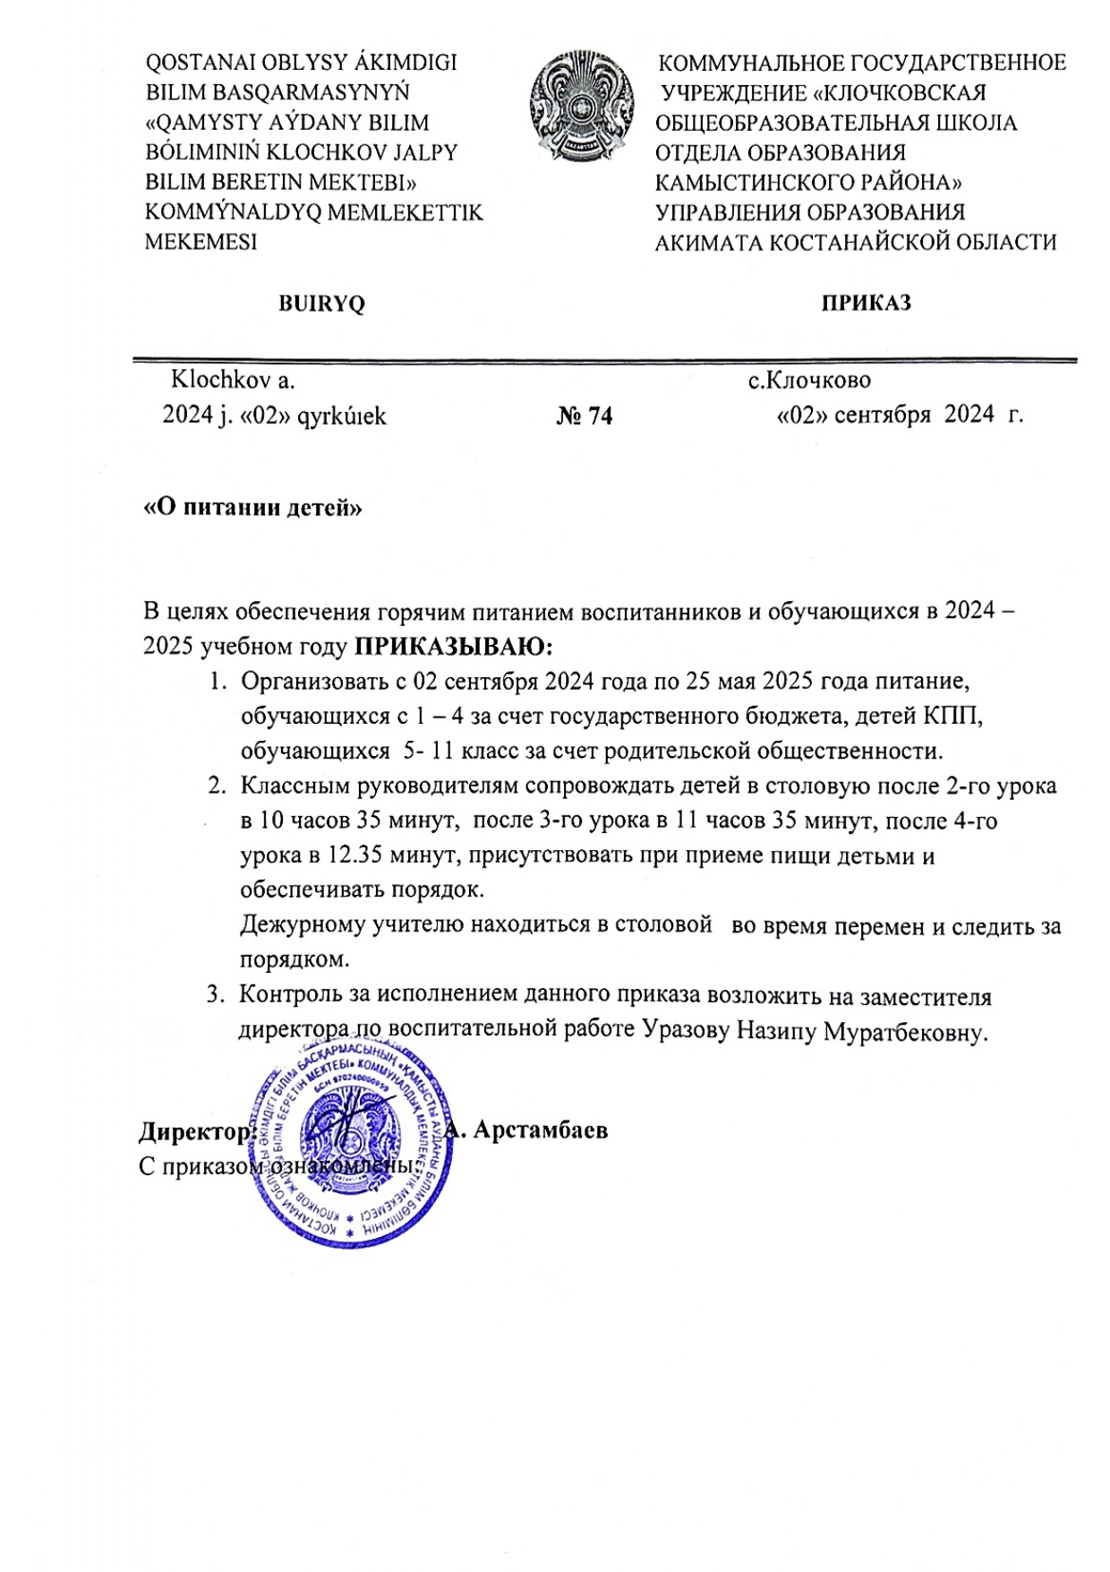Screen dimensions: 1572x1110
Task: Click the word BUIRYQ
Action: tap(322, 304)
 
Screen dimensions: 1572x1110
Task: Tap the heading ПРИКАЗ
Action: tap(866, 303)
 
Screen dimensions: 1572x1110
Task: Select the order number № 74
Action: tap(585, 417)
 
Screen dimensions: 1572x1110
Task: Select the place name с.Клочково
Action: tap(809, 380)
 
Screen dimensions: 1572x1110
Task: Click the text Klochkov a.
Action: tap(233, 380)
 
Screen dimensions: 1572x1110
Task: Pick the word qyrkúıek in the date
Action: tap(342, 417)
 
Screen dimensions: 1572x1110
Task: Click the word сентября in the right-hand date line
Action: tap(882, 415)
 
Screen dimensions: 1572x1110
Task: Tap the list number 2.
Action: tap(216, 786)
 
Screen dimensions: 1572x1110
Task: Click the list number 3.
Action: tap(215, 995)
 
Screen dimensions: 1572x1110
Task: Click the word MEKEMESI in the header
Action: tap(201, 242)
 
